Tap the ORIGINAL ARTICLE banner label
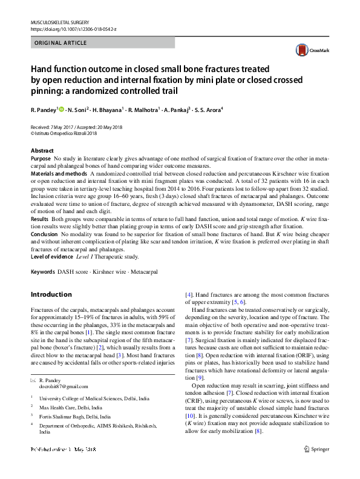[x=61, y=43]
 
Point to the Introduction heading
[x=51, y=294]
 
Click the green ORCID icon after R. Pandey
[x=62, y=110]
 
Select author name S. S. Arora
[x=208, y=110]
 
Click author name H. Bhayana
[x=107, y=110]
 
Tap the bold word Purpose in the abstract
[x=41, y=158]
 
